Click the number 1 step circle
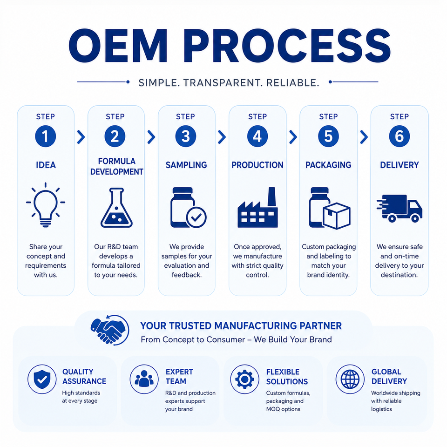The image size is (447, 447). click(45, 136)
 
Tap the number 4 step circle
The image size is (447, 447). click(257, 136)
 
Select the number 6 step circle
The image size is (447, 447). click(399, 136)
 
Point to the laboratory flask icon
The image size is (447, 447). click(116, 208)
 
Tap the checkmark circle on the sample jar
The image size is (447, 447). click(196, 217)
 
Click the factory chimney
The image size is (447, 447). click(271, 196)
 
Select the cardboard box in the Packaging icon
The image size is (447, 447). click(336, 216)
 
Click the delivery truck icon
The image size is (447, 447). click(400, 209)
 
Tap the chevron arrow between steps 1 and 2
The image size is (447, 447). click(81, 137)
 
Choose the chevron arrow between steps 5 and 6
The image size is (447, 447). click(364, 137)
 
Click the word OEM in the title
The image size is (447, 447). click(118, 46)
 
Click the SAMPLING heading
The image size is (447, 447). click(186, 165)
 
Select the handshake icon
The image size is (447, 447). click(110, 330)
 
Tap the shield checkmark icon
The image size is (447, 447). click(42, 379)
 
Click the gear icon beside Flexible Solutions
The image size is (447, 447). click(244, 379)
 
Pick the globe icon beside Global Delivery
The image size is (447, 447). click(350, 379)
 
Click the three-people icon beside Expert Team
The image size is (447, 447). click(144, 379)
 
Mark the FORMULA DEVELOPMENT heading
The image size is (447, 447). click(116, 167)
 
